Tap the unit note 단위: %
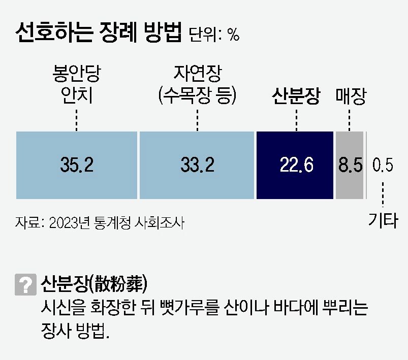pos(214,35)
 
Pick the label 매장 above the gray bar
pos(351,96)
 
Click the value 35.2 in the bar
pos(77,165)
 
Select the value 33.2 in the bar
pos(197,165)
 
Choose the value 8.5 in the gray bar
pos(350,165)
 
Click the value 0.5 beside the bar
pos(383,165)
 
